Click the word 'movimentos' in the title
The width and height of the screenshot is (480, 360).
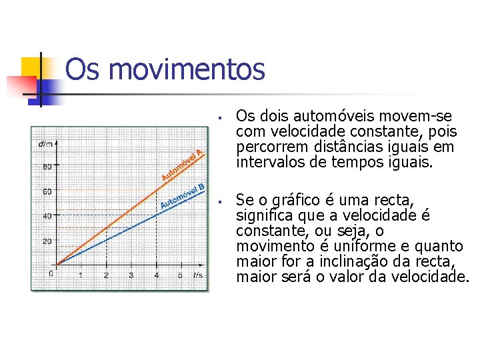tap(184, 69)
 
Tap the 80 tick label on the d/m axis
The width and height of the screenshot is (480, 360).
tap(47, 167)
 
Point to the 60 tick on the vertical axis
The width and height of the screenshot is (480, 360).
tap(47, 191)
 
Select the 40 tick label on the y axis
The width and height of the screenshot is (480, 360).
tap(47, 216)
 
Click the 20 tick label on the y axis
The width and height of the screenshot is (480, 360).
tap(47, 241)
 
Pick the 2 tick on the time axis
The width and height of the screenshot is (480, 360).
tap(106, 275)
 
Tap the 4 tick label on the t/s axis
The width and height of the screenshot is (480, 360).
tap(156, 275)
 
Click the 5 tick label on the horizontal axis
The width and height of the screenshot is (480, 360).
tap(180, 275)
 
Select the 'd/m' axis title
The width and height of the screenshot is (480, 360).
tap(45, 143)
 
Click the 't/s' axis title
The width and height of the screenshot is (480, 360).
tap(198, 275)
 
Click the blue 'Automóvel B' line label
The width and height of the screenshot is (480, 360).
tap(182, 195)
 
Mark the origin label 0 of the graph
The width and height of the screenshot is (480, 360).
tap(51, 274)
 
